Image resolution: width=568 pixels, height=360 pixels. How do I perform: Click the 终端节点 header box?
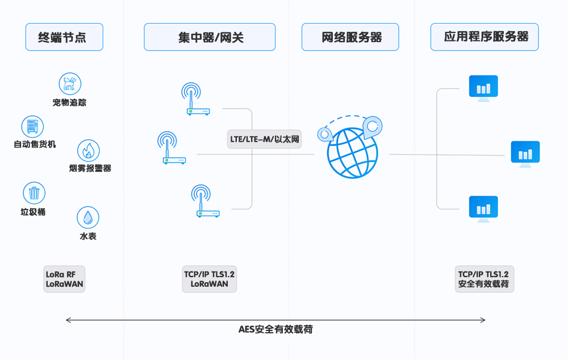(x=64, y=37)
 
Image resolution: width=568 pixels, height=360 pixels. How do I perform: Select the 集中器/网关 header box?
(x=210, y=37)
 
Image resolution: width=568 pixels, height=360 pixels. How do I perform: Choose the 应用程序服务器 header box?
(x=485, y=37)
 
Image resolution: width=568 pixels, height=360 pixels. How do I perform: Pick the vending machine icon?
(x=32, y=127)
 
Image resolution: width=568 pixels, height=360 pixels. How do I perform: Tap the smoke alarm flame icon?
(x=88, y=150)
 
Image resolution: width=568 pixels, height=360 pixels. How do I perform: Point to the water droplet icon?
(x=88, y=217)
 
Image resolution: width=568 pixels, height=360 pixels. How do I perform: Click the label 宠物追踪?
(x=70, y=103)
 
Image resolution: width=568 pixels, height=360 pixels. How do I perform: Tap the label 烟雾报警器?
(x=90, y=169)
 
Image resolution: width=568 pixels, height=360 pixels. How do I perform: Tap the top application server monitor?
(x=483, y=88)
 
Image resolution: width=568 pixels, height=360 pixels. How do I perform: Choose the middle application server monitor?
(x=525, y=153)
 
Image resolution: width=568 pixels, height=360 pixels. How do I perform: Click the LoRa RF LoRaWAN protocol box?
(x=64, y=279)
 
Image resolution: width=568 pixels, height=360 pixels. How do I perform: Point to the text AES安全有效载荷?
(x=276, y=329)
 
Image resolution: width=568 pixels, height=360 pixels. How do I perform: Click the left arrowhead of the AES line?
(x=68, y=320)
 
